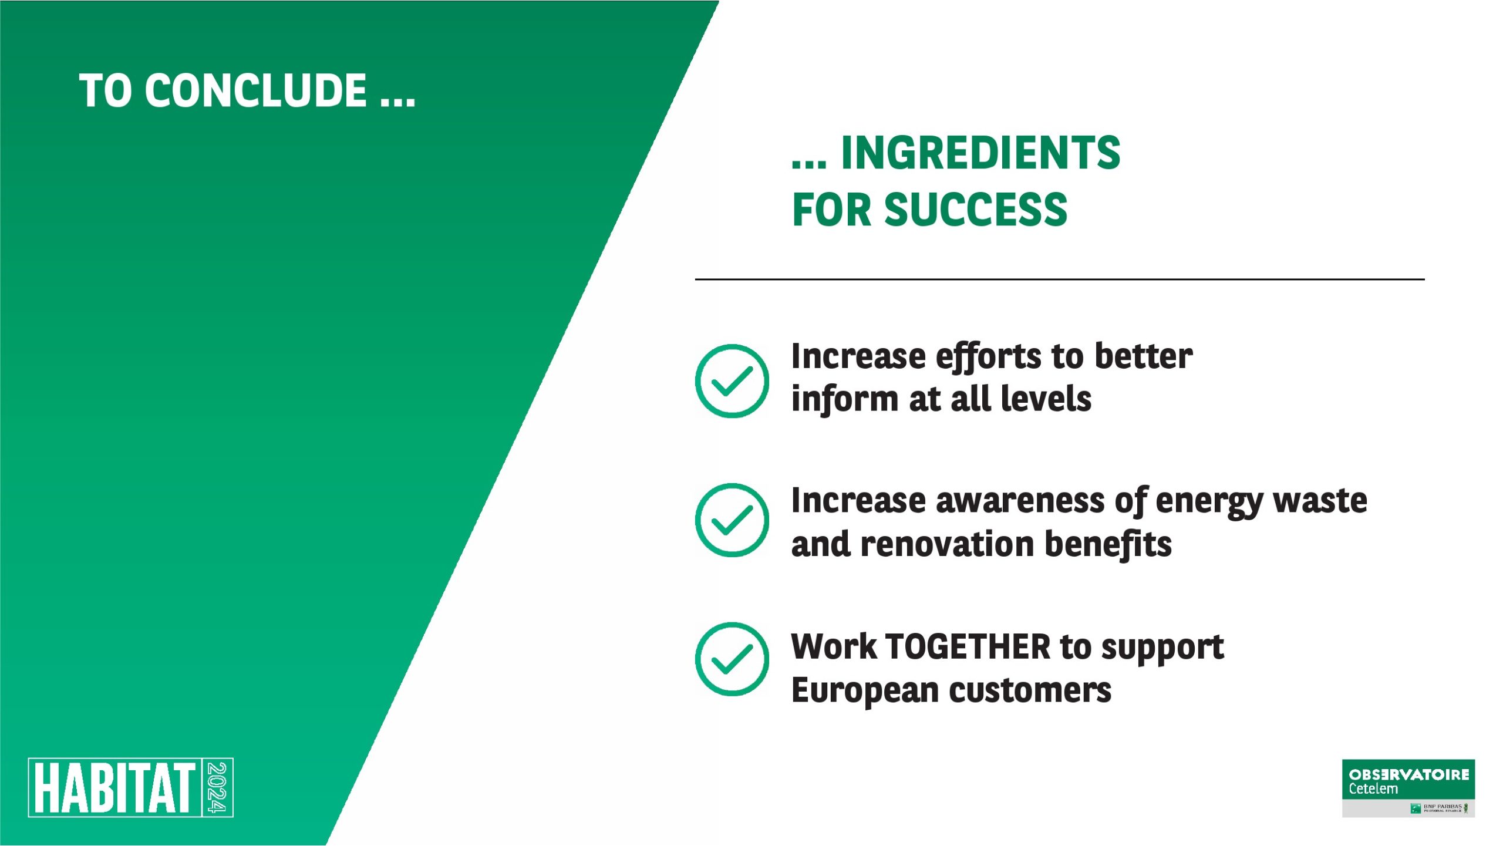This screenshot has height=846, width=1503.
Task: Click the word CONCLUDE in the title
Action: [x=256, y=90]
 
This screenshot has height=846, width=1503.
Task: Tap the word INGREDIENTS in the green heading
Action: [x=980, y=153]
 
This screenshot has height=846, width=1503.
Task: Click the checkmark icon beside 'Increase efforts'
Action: [x=732, y=381]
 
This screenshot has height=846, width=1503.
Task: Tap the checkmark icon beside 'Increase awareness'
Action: [x=732, y=520]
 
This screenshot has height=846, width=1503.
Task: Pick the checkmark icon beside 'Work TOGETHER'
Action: [x=732, y=659]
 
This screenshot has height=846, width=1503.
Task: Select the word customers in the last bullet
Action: [x=1030, y=690]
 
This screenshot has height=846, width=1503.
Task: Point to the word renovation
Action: [x=947, y=544]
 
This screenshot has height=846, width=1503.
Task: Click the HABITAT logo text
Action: [x=114, y=787]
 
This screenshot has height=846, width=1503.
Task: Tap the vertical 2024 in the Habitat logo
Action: [x=218, y=787]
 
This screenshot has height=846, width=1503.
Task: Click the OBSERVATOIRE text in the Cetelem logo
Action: [x=1409, y=775]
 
